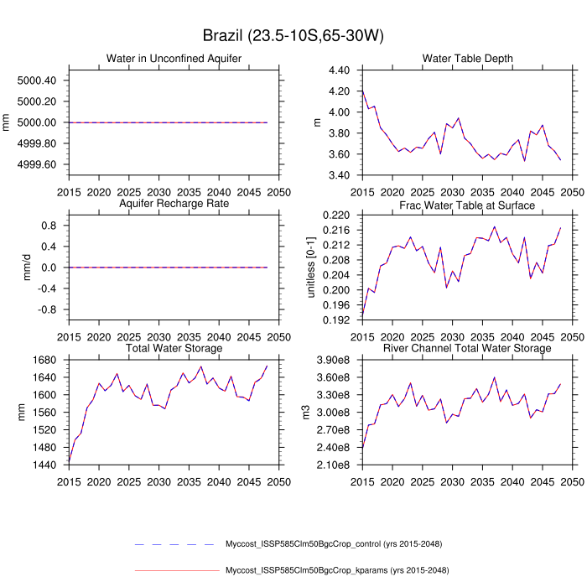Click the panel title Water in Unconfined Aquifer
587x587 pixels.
[x=174, y=58]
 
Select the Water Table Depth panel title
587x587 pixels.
[x=467, y=58]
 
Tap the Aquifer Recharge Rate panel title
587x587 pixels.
[x=174, y=204]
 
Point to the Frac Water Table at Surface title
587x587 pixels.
[x=467, y=204]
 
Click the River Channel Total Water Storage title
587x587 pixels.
[x=467, y=348]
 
